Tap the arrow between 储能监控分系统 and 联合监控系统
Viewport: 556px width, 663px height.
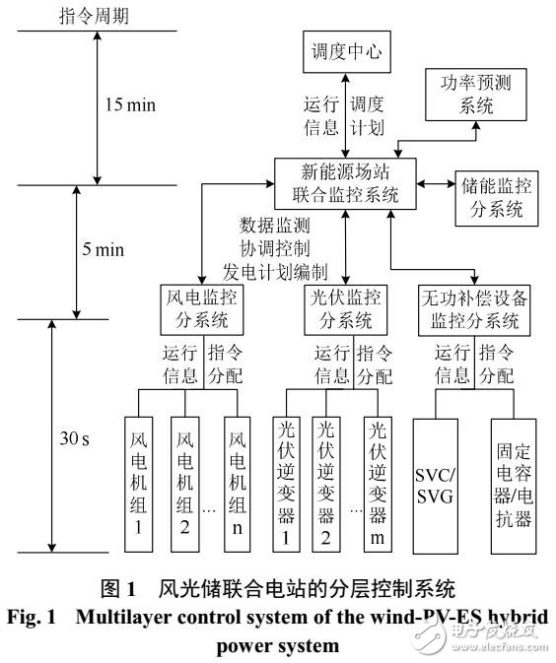click(434, 184)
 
